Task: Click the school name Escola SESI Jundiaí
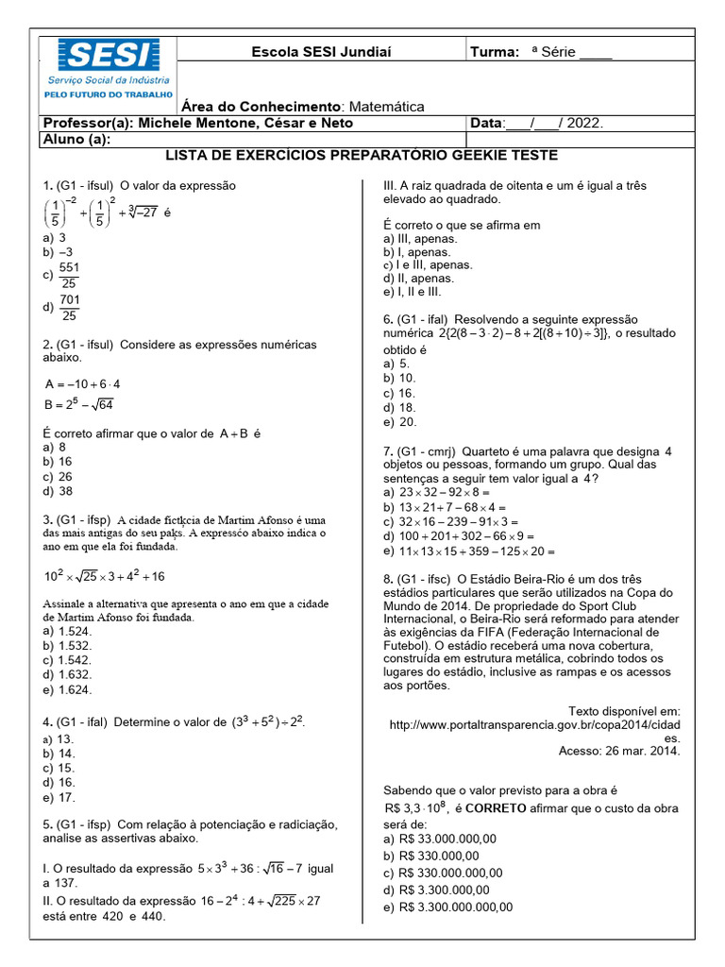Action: tap(321, 52)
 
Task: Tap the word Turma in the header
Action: tap(495, 52)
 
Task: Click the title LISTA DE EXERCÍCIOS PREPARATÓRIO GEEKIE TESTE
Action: tap(362, 155)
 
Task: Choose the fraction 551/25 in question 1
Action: tap(69, 276)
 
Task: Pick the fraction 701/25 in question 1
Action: tap(69, 308)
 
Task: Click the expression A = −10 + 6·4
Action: tap(83, 384)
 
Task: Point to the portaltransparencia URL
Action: tap(534, 724)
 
